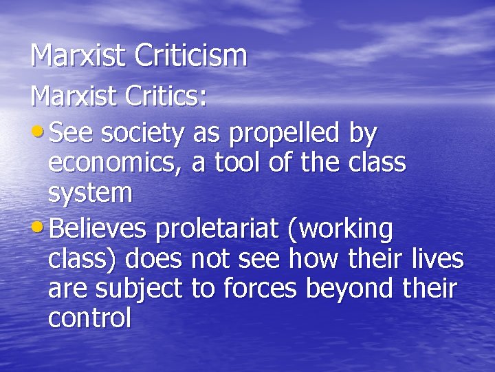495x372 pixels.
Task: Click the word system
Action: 90,194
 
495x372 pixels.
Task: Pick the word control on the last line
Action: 89,319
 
